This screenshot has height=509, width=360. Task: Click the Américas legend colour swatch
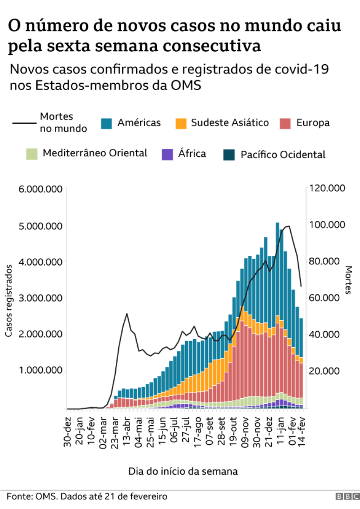(x=107, y=123)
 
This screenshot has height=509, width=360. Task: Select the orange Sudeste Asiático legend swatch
(x=180, y=123)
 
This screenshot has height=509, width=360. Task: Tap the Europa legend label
(x=313, y=123)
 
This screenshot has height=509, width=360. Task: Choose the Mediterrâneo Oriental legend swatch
(x=32, y=154)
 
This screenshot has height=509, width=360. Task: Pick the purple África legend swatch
(x=167, y=154)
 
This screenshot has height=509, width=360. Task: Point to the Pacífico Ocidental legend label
(x=283, y=155)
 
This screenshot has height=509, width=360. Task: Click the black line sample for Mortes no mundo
(x=24, y=123)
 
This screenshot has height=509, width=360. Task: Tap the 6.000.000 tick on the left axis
(x=40, y=188)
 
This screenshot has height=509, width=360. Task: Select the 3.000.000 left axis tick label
(x=40, y=298)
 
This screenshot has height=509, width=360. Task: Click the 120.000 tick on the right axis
(x=327, y=188)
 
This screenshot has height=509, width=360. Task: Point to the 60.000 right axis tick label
(x=326, y=298)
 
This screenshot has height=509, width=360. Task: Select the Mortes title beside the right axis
(x=348, y=280)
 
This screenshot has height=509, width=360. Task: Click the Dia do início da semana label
(x=183, y=471)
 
